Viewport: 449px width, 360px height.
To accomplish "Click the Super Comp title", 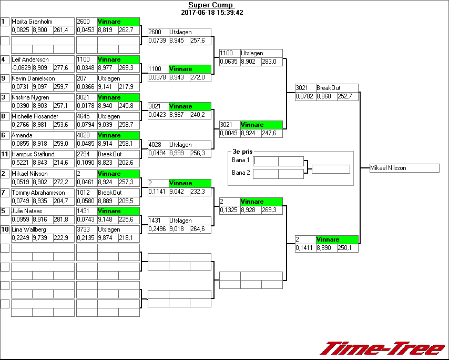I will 210,5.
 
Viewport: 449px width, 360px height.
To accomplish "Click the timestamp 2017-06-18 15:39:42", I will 212,12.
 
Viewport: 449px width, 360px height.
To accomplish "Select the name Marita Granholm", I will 32,22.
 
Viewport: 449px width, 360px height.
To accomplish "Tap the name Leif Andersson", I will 30,59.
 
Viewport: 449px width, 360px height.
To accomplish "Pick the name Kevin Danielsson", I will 33,78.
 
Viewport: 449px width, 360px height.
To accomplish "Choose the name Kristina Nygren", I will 30,97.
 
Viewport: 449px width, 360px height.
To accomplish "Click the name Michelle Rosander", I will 35,116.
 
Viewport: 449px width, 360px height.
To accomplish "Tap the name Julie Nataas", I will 27,211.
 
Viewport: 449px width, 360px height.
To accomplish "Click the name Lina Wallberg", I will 29,230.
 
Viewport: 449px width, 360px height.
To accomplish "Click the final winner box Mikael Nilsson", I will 404,168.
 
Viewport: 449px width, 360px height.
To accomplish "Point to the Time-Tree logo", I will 383,348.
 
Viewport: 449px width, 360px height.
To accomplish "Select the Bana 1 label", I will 240,159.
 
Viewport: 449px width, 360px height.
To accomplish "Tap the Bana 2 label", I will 240,172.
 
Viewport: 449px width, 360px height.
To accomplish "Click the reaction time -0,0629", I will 22,67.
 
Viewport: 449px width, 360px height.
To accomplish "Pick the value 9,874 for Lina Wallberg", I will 107,238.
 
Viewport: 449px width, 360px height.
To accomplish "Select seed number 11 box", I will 5,154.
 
